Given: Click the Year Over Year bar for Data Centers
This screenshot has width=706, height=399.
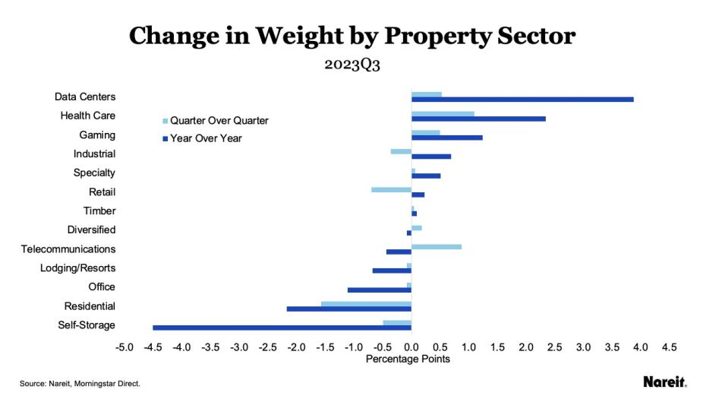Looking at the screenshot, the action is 522,100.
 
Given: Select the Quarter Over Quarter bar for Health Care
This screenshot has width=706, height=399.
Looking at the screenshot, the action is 443,114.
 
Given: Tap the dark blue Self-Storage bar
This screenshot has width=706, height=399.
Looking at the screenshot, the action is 282,328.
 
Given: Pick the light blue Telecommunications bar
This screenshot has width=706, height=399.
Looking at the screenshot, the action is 437,247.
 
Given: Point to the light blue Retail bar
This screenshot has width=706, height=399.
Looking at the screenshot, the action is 391,190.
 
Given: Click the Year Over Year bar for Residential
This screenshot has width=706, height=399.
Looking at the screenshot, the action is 349,309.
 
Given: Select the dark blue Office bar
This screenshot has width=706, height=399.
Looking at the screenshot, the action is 380,290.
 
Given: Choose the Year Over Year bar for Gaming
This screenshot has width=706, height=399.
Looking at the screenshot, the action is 447,138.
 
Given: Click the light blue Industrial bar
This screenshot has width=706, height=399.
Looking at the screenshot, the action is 401,151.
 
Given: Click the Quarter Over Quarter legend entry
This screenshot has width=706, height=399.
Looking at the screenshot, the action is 216,121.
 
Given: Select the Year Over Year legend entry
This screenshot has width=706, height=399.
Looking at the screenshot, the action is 202,138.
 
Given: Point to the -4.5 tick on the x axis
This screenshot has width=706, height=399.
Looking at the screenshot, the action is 153,347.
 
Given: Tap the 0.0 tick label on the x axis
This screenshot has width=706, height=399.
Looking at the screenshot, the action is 411,347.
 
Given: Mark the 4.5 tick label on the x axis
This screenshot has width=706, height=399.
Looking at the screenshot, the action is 669,347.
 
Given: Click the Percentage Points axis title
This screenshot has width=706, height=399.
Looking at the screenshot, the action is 408,359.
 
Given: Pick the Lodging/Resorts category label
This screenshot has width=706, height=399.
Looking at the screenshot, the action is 78,268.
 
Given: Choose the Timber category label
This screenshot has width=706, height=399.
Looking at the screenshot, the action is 99,211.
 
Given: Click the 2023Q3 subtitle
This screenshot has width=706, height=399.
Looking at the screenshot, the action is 352,65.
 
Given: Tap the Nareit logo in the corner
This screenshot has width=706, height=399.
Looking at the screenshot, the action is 665,382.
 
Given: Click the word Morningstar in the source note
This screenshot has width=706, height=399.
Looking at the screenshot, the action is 93,384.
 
